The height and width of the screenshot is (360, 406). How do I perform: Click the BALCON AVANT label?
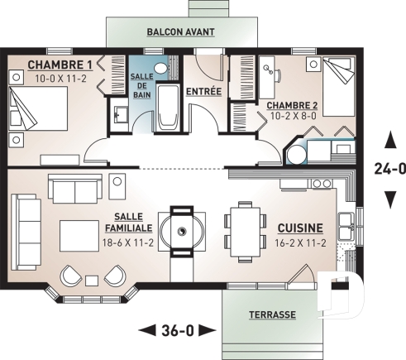pyautogui.click(x=180, y=32)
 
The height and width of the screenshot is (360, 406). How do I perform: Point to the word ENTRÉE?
pyautogui.click(x=204, y=90)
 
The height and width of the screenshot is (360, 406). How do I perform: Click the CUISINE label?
pyautogui.click(x=300, y=227)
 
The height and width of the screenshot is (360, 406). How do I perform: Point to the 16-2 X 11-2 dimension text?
pyautogui.click(x=300, y=243)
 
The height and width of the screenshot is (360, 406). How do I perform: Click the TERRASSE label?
pyautogui.click(x=272, y=315)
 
